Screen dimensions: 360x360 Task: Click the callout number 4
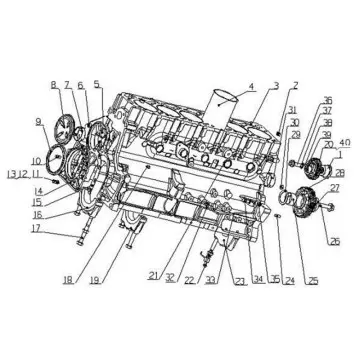point(251,87)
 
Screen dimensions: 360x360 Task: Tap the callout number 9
point(40,124)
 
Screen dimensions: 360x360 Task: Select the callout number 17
point(36,228)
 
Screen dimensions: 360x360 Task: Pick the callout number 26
point(335,240)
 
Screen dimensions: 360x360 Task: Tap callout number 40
point(343,143)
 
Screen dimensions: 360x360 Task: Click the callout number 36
point(327,101)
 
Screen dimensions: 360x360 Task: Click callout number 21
point(151,275)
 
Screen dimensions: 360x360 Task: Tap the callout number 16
point(37,213)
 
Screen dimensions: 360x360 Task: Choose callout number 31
point(293,110)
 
